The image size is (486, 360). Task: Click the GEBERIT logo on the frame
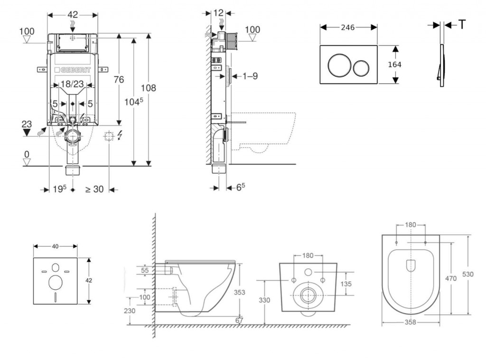(73, 70)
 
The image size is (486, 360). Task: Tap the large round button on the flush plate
(338, 65)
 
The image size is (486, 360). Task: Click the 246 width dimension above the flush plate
(348, 27)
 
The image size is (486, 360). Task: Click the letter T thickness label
(461, 25)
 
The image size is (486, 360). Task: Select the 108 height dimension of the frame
(149, 88)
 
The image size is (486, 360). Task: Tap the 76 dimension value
(119, 80)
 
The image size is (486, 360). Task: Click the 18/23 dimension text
(73, 84)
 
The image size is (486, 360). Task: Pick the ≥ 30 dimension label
(94, 189)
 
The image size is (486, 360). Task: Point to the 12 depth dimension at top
(218, 13)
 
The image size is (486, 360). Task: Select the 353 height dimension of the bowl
(240, 292)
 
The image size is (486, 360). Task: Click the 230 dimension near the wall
(130, 311)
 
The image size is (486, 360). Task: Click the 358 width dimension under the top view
(411, 322)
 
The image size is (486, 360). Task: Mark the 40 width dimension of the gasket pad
(56, 246)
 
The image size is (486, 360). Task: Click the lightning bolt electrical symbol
(119, 136)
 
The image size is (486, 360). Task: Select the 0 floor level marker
(27, 154)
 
